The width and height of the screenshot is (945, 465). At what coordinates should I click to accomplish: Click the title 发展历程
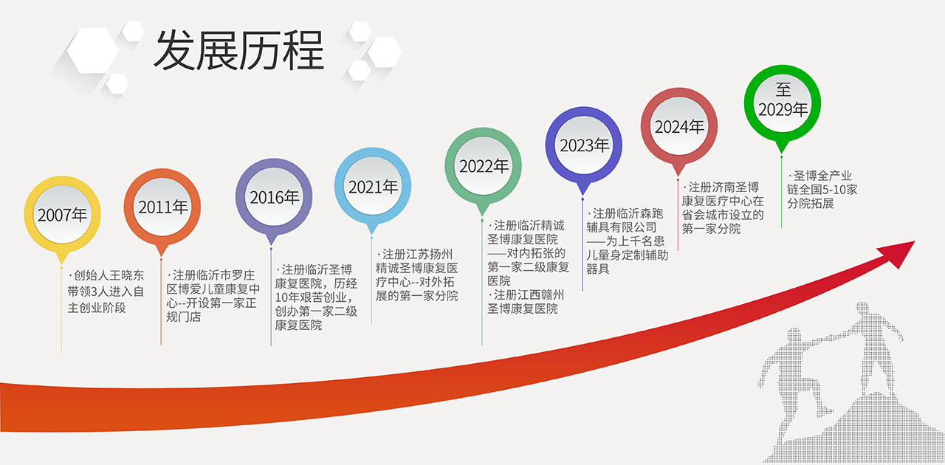pos(239,50)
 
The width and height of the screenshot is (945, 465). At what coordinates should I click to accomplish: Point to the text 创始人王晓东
pos(109,275)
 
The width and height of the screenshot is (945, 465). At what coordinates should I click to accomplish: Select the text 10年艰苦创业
pos(312,297)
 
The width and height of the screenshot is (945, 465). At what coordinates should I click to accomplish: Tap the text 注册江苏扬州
pos(417,255)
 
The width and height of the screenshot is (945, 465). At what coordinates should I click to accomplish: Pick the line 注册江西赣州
pos(529,295)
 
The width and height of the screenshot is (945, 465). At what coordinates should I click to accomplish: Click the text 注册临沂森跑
pos(628,213)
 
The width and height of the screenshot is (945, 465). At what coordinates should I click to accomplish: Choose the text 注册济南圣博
pos(724,187)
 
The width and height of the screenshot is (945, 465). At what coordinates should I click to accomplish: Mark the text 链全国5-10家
pos(822,190)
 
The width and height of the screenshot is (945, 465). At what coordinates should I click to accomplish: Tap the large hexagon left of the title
pos(93,50)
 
